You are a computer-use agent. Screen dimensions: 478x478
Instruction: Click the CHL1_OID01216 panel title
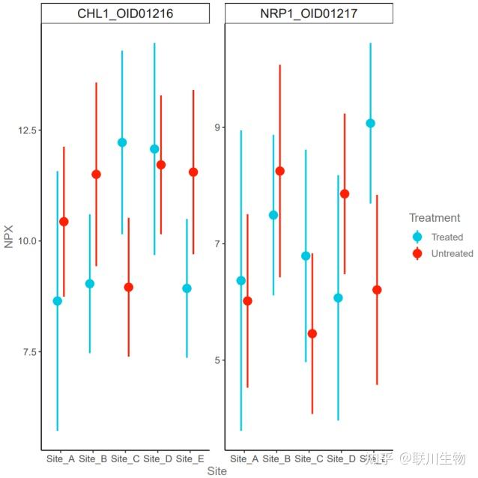(125, 13)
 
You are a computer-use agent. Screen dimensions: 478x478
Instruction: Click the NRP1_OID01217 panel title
(309, 13)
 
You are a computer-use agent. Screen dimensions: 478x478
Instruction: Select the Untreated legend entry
(452, 253)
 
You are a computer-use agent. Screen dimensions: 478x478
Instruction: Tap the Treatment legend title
(435, 218)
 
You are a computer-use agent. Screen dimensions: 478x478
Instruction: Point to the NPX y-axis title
(9, 237)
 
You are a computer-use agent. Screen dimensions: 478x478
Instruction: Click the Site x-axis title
(217, 471)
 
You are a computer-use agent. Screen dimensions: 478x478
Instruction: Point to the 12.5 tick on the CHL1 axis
(28, 130)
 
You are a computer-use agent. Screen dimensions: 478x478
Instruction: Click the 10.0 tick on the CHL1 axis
(28, 241)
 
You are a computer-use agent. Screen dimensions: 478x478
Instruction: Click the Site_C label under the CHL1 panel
(125, 457)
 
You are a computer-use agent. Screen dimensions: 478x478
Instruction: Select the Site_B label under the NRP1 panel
(276, 457)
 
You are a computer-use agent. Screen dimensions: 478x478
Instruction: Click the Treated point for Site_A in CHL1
(58, 300)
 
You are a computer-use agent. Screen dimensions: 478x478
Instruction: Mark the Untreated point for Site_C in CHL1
(128, 287)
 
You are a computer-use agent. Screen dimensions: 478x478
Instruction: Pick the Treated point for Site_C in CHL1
(122, 142)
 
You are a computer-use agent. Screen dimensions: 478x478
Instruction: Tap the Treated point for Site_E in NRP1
(370, 123)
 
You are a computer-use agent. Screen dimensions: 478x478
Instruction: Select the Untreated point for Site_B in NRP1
(280, 171)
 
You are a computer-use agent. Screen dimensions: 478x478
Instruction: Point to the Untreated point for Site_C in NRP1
(312, 333)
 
